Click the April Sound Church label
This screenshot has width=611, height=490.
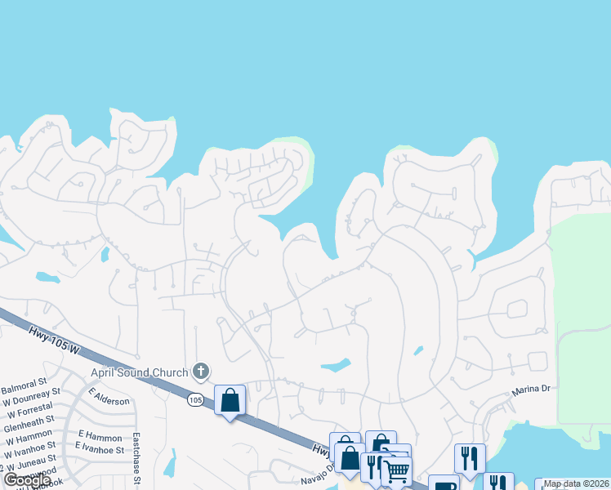[x=140, y=372]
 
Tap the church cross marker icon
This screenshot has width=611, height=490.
[x=201, y=372]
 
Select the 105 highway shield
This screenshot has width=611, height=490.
[x=194, y=399]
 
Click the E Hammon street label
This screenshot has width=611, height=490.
[x=93, y=435]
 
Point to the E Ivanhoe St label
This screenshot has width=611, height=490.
[x=100, y=448]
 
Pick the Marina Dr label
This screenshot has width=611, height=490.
[x=533, y=390]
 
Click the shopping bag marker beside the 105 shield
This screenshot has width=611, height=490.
[x=230, y=400]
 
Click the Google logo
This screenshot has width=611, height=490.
[x=27, y=480]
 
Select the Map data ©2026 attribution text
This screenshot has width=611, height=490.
[x=577, y=483]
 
